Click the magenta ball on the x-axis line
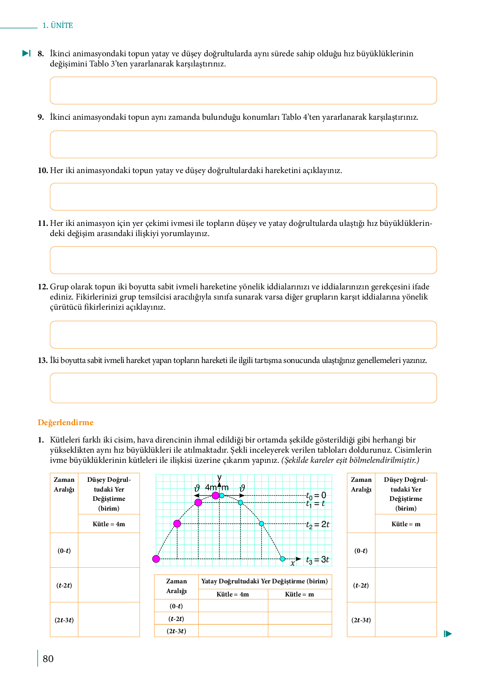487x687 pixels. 156,559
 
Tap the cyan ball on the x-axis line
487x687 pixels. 282,559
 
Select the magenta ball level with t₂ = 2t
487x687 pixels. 177,524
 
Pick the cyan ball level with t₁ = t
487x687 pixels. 241,503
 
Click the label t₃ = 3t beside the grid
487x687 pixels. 317,560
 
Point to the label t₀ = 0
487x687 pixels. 316,495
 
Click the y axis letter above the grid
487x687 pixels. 219,478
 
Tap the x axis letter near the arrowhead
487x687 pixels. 293,563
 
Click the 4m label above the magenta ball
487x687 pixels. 211,487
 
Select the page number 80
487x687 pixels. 48,659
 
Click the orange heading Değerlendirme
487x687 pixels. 66,422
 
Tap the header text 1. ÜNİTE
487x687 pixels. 57,25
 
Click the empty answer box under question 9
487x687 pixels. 243,144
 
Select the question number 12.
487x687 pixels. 43,286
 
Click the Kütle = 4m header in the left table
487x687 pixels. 109,524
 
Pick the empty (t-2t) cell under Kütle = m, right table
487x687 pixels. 406,585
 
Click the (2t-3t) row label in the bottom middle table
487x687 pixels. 176,631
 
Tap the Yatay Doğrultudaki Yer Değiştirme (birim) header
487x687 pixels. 265,581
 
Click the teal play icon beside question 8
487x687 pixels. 26,53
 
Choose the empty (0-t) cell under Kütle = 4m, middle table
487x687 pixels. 233,606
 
